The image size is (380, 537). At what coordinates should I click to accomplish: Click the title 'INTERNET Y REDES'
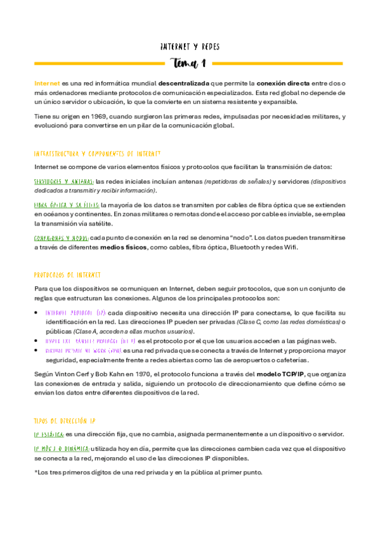190,47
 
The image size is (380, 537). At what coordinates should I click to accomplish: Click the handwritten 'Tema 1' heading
190,63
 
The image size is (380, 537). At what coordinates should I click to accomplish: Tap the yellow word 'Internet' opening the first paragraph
47,83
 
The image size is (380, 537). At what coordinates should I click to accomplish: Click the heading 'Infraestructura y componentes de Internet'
97,154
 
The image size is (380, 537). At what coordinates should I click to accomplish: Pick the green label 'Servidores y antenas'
63,182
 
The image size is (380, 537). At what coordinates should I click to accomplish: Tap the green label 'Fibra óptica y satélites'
66,205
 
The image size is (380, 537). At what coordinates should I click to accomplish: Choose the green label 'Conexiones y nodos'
62,237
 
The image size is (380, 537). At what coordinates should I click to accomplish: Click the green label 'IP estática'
49,434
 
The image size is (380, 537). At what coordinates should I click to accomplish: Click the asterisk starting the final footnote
36,472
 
